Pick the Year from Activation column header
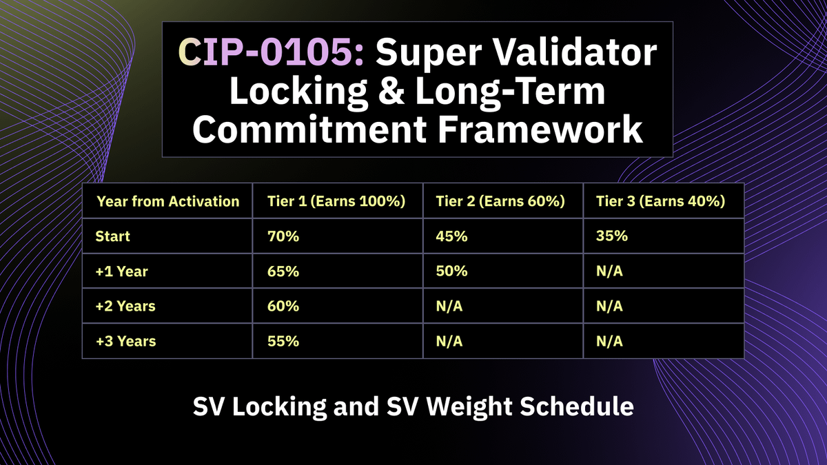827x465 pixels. pos(168,201)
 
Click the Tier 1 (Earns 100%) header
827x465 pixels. pos(336,201)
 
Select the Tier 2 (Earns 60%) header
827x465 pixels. pos(500,201)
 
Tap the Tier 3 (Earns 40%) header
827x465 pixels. pos(660,201)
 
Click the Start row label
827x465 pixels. pos(113,236)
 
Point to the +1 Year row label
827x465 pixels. pos(122,271)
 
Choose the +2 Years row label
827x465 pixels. pos(125,306)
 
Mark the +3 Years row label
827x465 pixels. pos(125,341)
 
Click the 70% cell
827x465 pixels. pos(283,236)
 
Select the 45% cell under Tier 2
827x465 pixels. pos(451,236)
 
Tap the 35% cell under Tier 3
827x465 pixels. pos(611,236)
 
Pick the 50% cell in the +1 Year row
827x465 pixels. pos(451,271)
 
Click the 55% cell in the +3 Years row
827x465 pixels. pos(283,341)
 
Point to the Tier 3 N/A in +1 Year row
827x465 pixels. pos(609,271)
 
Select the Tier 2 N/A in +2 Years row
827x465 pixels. pos(449,306)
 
